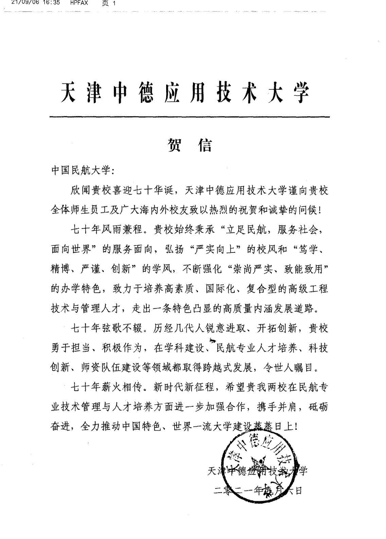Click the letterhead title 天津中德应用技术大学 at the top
[x=186, y=93]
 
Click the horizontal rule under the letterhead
[x=189, y=117]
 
